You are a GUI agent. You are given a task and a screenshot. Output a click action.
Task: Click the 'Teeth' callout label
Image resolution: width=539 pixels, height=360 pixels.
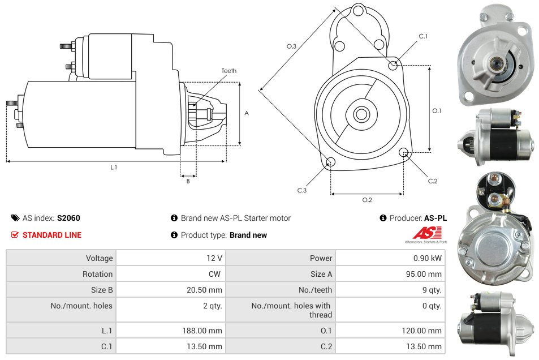[228, 71]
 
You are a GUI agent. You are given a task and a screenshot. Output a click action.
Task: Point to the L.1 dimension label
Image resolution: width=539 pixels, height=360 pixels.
[114, 167]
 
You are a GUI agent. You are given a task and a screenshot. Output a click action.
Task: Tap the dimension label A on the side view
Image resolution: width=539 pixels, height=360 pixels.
[246, 113]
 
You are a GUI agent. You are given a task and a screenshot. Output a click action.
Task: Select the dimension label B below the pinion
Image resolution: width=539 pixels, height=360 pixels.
[188, 181]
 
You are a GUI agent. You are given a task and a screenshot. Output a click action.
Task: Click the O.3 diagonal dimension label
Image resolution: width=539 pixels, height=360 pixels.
[292, 46]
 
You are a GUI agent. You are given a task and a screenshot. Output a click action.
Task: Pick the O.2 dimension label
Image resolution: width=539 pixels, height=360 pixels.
[367, 200]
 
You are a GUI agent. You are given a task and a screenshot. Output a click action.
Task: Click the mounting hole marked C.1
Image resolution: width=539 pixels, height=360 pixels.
[393, 66]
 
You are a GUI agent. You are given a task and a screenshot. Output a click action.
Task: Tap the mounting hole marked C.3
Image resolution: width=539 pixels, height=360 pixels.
[331, 163]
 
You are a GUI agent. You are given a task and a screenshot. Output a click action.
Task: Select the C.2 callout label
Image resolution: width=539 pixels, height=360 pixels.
[433, 181]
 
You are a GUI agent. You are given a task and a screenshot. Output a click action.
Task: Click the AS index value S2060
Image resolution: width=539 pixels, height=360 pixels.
[68, 218]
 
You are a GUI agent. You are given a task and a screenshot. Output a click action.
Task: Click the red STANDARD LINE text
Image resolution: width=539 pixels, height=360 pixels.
[52, 235]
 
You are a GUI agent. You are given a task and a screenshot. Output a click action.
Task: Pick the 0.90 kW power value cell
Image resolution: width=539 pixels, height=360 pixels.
[428, 258]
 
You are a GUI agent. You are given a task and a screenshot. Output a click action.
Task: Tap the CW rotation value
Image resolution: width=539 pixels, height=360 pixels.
[215, 274]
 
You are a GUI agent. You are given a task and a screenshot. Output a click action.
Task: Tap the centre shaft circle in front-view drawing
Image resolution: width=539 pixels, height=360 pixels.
[361, 114]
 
